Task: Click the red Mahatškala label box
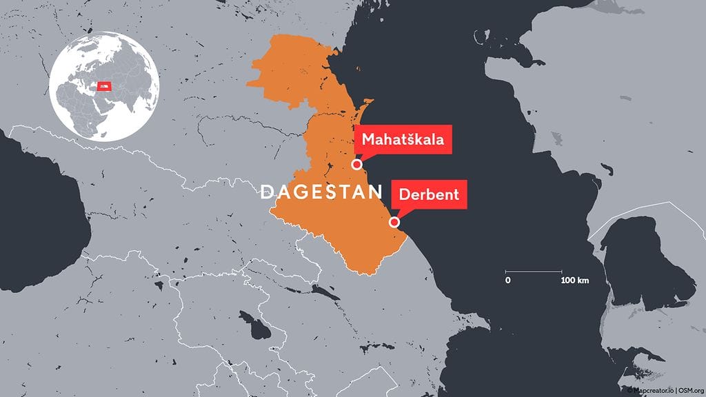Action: [402, 141]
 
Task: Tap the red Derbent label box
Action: [429, 194]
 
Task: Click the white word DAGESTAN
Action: [321, 192]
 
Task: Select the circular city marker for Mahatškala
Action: [356, 164]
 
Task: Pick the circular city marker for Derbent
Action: [394, 222]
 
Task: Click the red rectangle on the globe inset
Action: [104, 85]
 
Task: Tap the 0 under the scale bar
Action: [507, 281]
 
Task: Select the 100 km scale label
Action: [574, 281]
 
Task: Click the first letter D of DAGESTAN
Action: [267, 192]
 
